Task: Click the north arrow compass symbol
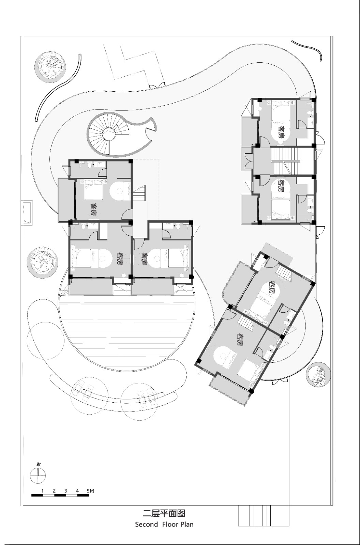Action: pos(38,475)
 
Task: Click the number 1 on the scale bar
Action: pos(42,491)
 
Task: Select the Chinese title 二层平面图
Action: pos(164,513)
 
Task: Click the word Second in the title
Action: pos(146,524)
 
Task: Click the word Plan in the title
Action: pos(187,524)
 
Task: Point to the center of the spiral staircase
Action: pos(109,134)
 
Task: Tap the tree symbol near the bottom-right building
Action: pos(317,374)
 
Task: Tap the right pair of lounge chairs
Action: pos(147,396)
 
